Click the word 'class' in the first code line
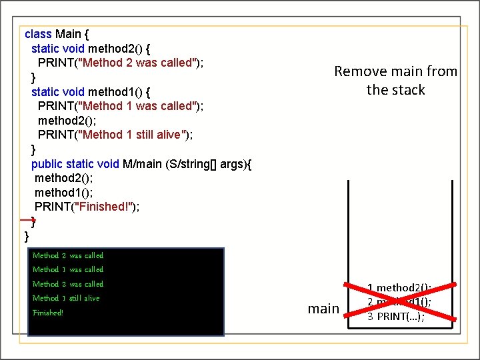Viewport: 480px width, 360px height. coord(38,34)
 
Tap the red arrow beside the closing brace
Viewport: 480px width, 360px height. coord(26,219)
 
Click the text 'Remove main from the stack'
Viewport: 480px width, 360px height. coord(395,80)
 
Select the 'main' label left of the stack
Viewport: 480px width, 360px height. coord(323,309)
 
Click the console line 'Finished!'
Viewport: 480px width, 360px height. coord(47,313)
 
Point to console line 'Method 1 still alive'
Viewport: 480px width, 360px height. coord(66,298)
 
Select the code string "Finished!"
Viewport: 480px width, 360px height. coord(105,207)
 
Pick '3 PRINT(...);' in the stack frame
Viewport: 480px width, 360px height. coord(395,317)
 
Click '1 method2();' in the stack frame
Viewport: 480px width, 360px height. coord(399,288)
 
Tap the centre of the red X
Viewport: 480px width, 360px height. coord(399,302)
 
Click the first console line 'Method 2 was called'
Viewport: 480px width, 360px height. coord(68,255)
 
